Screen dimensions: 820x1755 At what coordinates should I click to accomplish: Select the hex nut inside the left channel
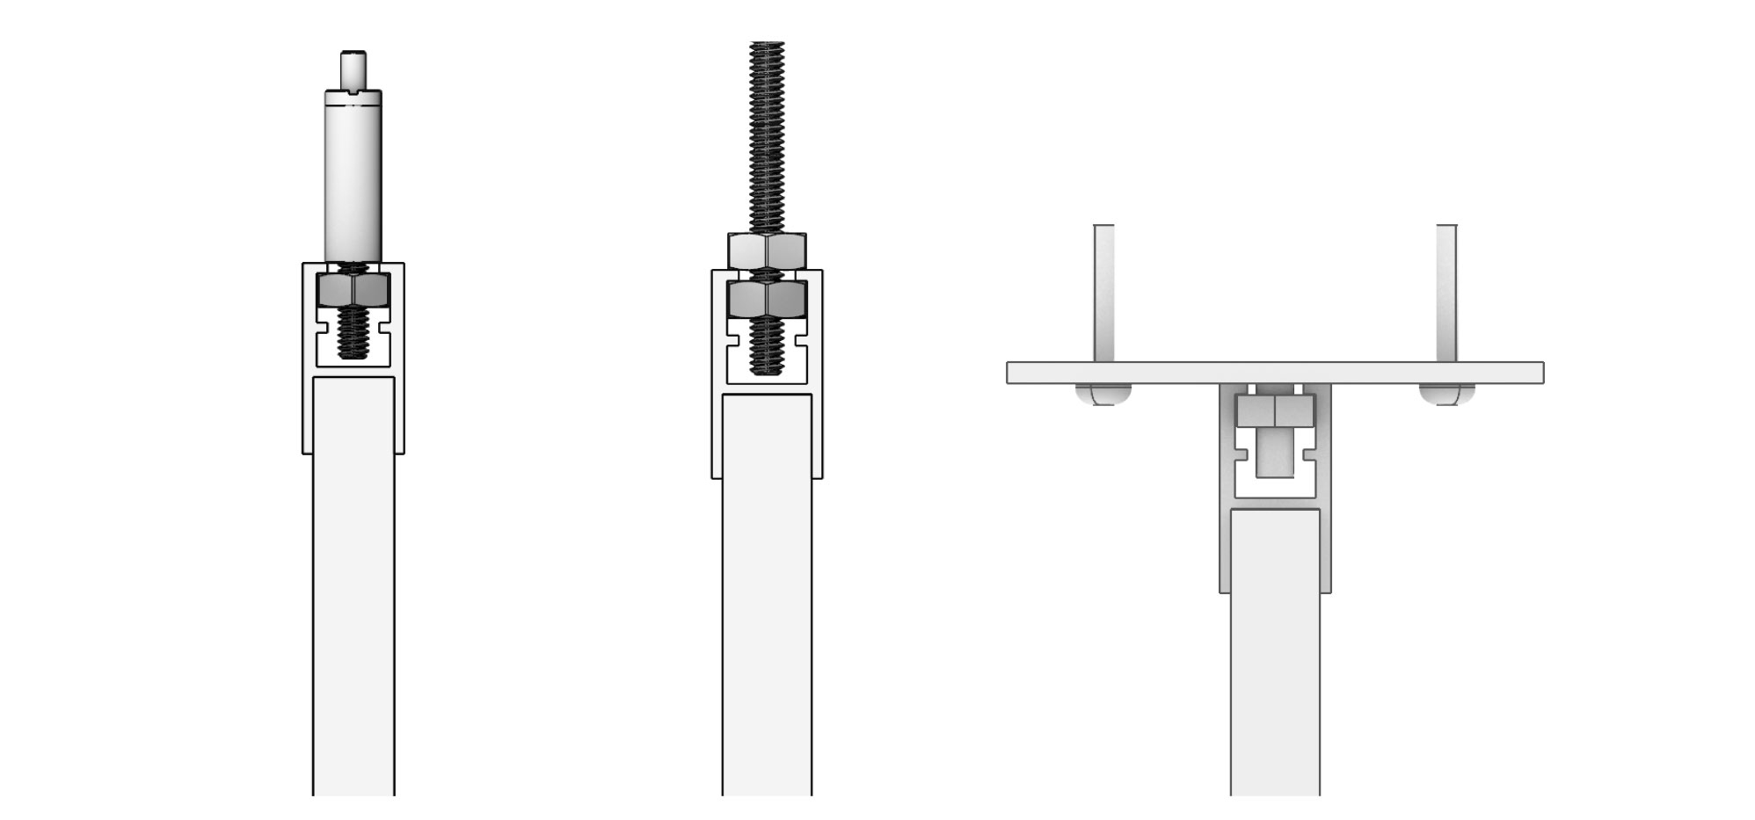[x=353, y=289]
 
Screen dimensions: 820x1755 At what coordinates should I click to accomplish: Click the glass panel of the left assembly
[x=353, y=598]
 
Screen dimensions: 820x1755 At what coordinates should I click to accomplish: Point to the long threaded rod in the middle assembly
[x=767, y=132]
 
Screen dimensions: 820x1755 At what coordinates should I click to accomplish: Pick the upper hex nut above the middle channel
[x=767, y=250]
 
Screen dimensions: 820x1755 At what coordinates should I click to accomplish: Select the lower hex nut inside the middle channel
[x=767, y=299]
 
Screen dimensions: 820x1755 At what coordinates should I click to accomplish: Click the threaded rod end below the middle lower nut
[x=767, y=352]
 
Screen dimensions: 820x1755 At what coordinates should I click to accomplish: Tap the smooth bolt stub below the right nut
[x=1275, y=453]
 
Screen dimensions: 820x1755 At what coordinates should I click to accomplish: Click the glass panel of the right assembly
[x=1275, y=659]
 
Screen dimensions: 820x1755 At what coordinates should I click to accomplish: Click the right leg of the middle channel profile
[x=818, y=431]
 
